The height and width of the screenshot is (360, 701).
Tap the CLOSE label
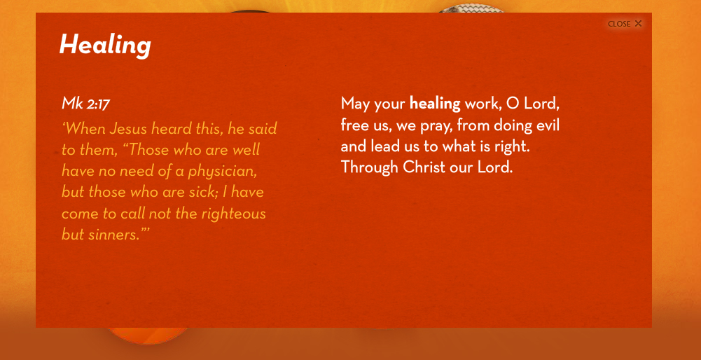click(619, 24)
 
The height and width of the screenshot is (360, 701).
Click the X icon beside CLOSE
click(638, 24)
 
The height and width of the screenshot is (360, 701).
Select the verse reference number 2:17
click(98, 104)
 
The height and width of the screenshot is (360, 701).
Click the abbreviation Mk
click(72, 104)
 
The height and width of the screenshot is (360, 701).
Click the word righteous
click(233, 214)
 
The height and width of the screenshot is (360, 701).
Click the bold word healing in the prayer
click(435, 104)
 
